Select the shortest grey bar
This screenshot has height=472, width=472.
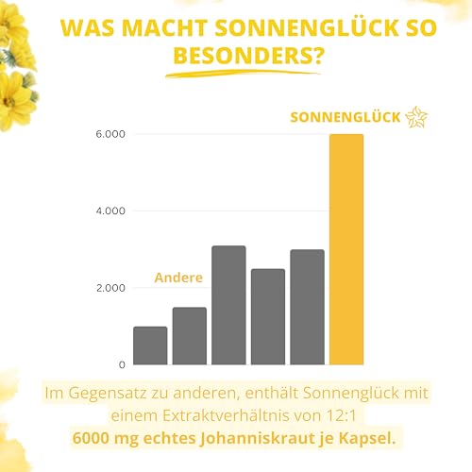click(150, 346)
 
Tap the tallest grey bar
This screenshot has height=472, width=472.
click(228, 305)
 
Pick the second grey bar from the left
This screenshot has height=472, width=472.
click(189, 336)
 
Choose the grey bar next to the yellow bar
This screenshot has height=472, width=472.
click(307, 307)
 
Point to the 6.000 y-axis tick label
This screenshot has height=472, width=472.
click(110, 135)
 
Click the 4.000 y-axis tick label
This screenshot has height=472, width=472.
click(110, 211)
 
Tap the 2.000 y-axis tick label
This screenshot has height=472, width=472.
click(110, 288)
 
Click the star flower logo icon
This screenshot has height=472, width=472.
click(415, 117)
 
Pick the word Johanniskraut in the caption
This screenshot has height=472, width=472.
click(283, 438)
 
